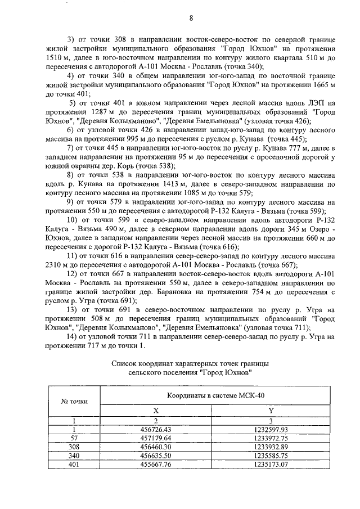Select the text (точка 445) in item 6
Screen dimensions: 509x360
click(287, 138)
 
